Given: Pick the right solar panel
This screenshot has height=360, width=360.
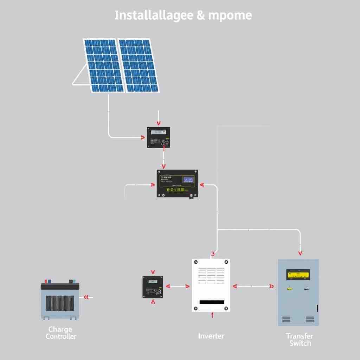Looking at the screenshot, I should click(x=139, y=65).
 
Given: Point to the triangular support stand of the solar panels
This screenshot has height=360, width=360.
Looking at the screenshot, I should click(x=80, y=76).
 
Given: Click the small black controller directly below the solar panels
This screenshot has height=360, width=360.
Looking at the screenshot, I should click(x=158, y=137).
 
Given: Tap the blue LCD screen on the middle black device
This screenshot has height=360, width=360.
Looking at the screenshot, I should click(x=188, y=180).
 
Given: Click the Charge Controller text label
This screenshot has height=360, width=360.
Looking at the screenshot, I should click(x=60, y=333).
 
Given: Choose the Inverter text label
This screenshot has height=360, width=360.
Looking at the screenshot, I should click(x=211, y=336).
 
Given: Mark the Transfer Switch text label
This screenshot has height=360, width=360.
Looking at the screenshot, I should click(x=300, y=340).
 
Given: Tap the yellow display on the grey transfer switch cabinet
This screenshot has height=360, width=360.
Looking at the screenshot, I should click(x=298, y=274).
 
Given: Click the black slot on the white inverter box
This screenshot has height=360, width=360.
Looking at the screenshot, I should click(x=212, y=302).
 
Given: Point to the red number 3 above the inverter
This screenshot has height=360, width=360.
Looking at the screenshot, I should click(x=212, y=254).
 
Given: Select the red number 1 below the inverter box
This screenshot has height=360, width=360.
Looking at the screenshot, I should click(x=212, y=315).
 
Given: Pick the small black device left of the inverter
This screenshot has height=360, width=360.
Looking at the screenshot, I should click(x=153, y=287).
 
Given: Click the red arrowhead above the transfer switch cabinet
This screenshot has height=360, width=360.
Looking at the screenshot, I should click(x=300, y=253).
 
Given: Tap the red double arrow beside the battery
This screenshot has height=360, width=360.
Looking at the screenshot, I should click(x=85, y=297).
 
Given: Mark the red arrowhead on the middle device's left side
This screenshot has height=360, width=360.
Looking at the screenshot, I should click(x=153, y=185).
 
